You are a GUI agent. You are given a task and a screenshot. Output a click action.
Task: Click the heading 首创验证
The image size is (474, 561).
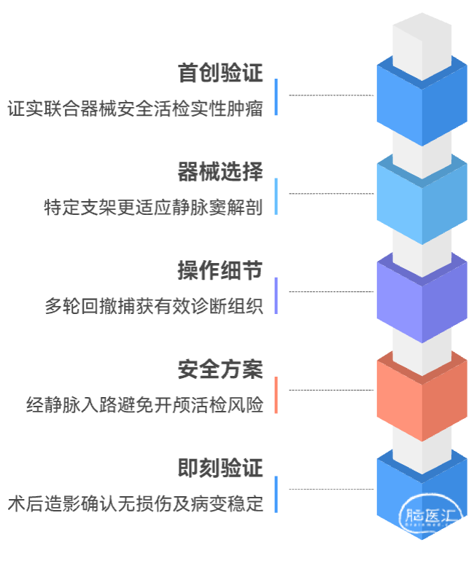pos(220,73)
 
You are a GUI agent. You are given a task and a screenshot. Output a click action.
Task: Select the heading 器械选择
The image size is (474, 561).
pos(220,172)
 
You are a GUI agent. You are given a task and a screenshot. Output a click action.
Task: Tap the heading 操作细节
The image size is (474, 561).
pos(220,271)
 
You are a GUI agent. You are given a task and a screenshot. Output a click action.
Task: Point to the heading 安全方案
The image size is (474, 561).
pos(220,369)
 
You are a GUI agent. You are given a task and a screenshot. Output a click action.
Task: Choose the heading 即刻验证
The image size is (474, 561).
pos(220,468)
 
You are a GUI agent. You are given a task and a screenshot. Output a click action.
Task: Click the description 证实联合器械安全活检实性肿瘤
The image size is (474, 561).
pos(136,109)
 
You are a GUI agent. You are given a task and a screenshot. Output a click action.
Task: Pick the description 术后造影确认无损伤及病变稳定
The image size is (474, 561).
pos(136,503)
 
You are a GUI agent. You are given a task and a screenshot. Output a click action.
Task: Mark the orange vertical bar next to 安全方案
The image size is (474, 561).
pos(276,395)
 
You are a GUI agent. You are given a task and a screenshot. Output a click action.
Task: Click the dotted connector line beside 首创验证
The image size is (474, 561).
pos(330,95)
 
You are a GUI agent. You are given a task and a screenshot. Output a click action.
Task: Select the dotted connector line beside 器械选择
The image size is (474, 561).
pos(330,193)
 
